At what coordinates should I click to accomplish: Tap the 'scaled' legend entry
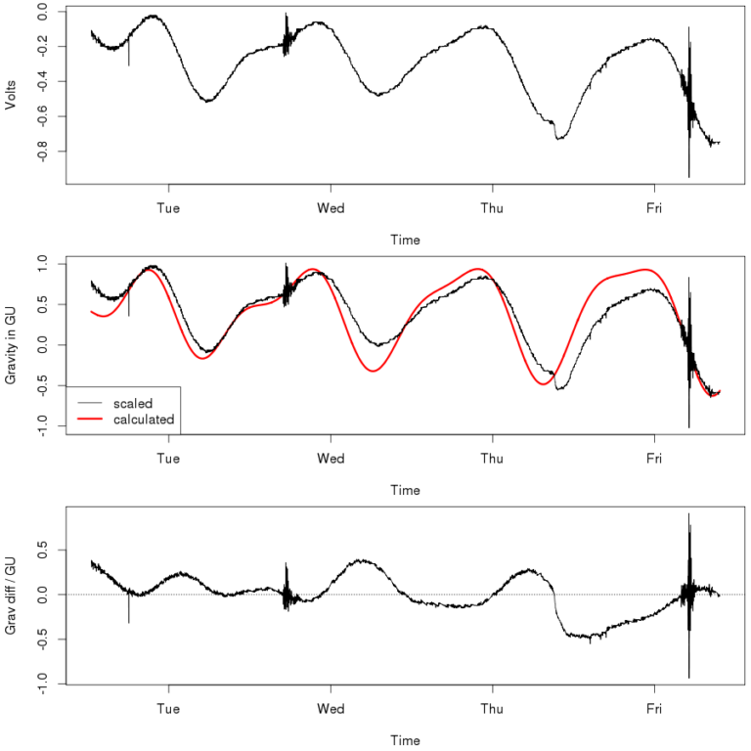(x=132, y=402)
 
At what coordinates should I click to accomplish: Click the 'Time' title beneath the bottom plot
(x=405, y=740)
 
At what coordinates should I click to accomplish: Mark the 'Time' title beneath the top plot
(x=405, y=240)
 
